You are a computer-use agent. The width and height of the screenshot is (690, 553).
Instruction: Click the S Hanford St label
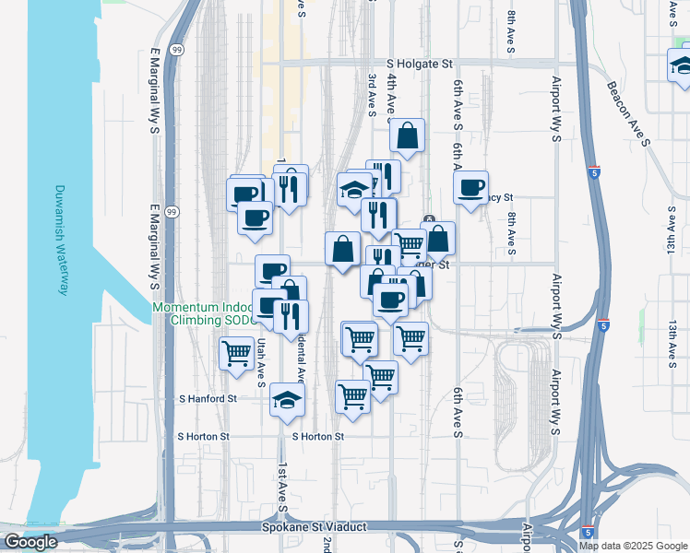pos(208,399)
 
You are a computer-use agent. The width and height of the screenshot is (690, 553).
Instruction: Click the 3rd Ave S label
pos(372,96)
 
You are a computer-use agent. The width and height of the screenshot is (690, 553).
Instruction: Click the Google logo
pos(30,542)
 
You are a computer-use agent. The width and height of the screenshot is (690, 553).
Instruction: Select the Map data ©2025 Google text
pos(632,546)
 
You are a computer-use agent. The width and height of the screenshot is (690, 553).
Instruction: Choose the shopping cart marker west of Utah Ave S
pos(237,353)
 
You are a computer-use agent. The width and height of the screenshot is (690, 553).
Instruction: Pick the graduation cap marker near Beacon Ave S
pos(683,66)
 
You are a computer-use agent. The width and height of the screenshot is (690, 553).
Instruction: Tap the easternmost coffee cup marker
pos(471,188)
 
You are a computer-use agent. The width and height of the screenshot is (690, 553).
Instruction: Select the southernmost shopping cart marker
pos(352,396)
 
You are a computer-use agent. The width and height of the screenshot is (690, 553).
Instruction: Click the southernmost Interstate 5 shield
pos(588,532)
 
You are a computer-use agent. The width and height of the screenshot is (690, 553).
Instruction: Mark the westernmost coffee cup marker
pos(244,194)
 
